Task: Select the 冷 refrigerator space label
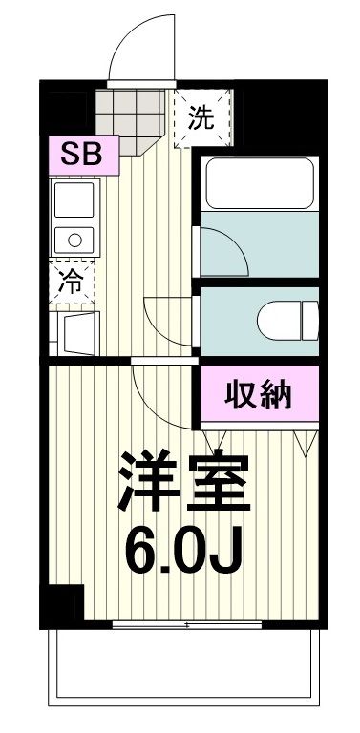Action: pos(73,281)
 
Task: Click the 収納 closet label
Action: pos(258,393)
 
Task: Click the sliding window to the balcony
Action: pos(187,625)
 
